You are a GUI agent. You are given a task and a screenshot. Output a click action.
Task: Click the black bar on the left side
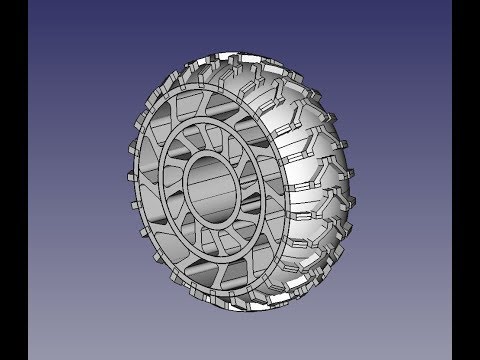coord(14,180)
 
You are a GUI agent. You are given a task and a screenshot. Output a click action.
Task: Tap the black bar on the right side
coord(466,180)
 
